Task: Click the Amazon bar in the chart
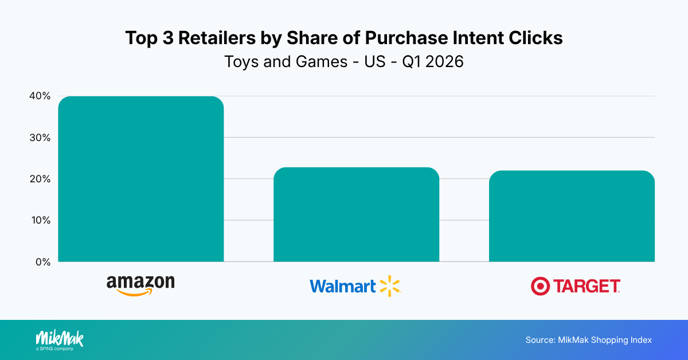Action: (141, 179)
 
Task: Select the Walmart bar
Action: (356, 214)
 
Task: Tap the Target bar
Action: (572, 216)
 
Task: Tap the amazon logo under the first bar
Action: (140, 284)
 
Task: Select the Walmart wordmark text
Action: (343, 285)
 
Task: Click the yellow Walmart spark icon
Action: (390, 285)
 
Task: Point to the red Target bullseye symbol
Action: (540, 285)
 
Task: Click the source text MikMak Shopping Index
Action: (588, 340)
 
